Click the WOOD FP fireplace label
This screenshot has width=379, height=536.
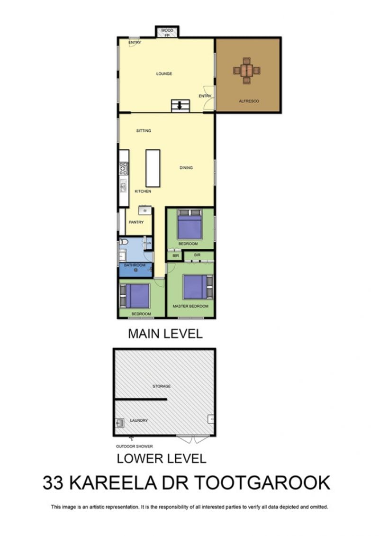(167, 33)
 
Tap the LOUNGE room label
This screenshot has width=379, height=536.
(164, 74)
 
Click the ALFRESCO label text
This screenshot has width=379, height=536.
(249, 101)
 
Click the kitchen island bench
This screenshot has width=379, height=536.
(153, 168)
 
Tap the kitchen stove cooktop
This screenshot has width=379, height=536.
(123, 168)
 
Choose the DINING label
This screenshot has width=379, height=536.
(186, 168)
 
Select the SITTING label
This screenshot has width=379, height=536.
(144, 131)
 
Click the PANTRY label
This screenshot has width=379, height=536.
(136, 222)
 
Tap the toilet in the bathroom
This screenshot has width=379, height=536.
(123, 242)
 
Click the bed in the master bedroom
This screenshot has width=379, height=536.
(195, 287)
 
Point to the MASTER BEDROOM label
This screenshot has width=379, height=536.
(190, 306)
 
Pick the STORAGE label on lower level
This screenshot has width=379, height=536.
(162, 386)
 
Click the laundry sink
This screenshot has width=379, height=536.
(119, 423)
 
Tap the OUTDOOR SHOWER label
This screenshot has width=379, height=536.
(134, 446)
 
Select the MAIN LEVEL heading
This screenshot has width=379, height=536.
(165, 334)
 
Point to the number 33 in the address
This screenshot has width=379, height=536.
(53, 482)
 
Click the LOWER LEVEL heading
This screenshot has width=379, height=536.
(162, 458)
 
